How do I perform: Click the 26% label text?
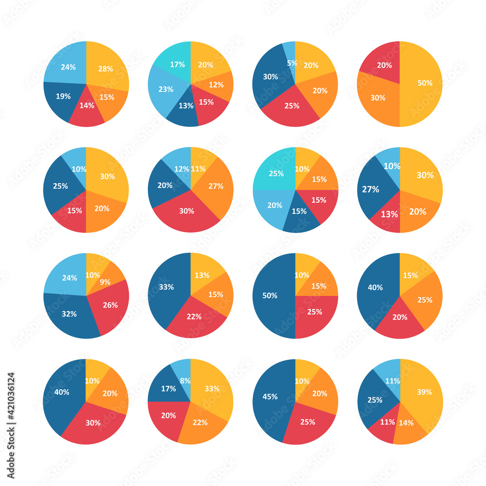point(110,305)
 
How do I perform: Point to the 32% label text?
point(69,314)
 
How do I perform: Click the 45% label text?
point(270,397)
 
